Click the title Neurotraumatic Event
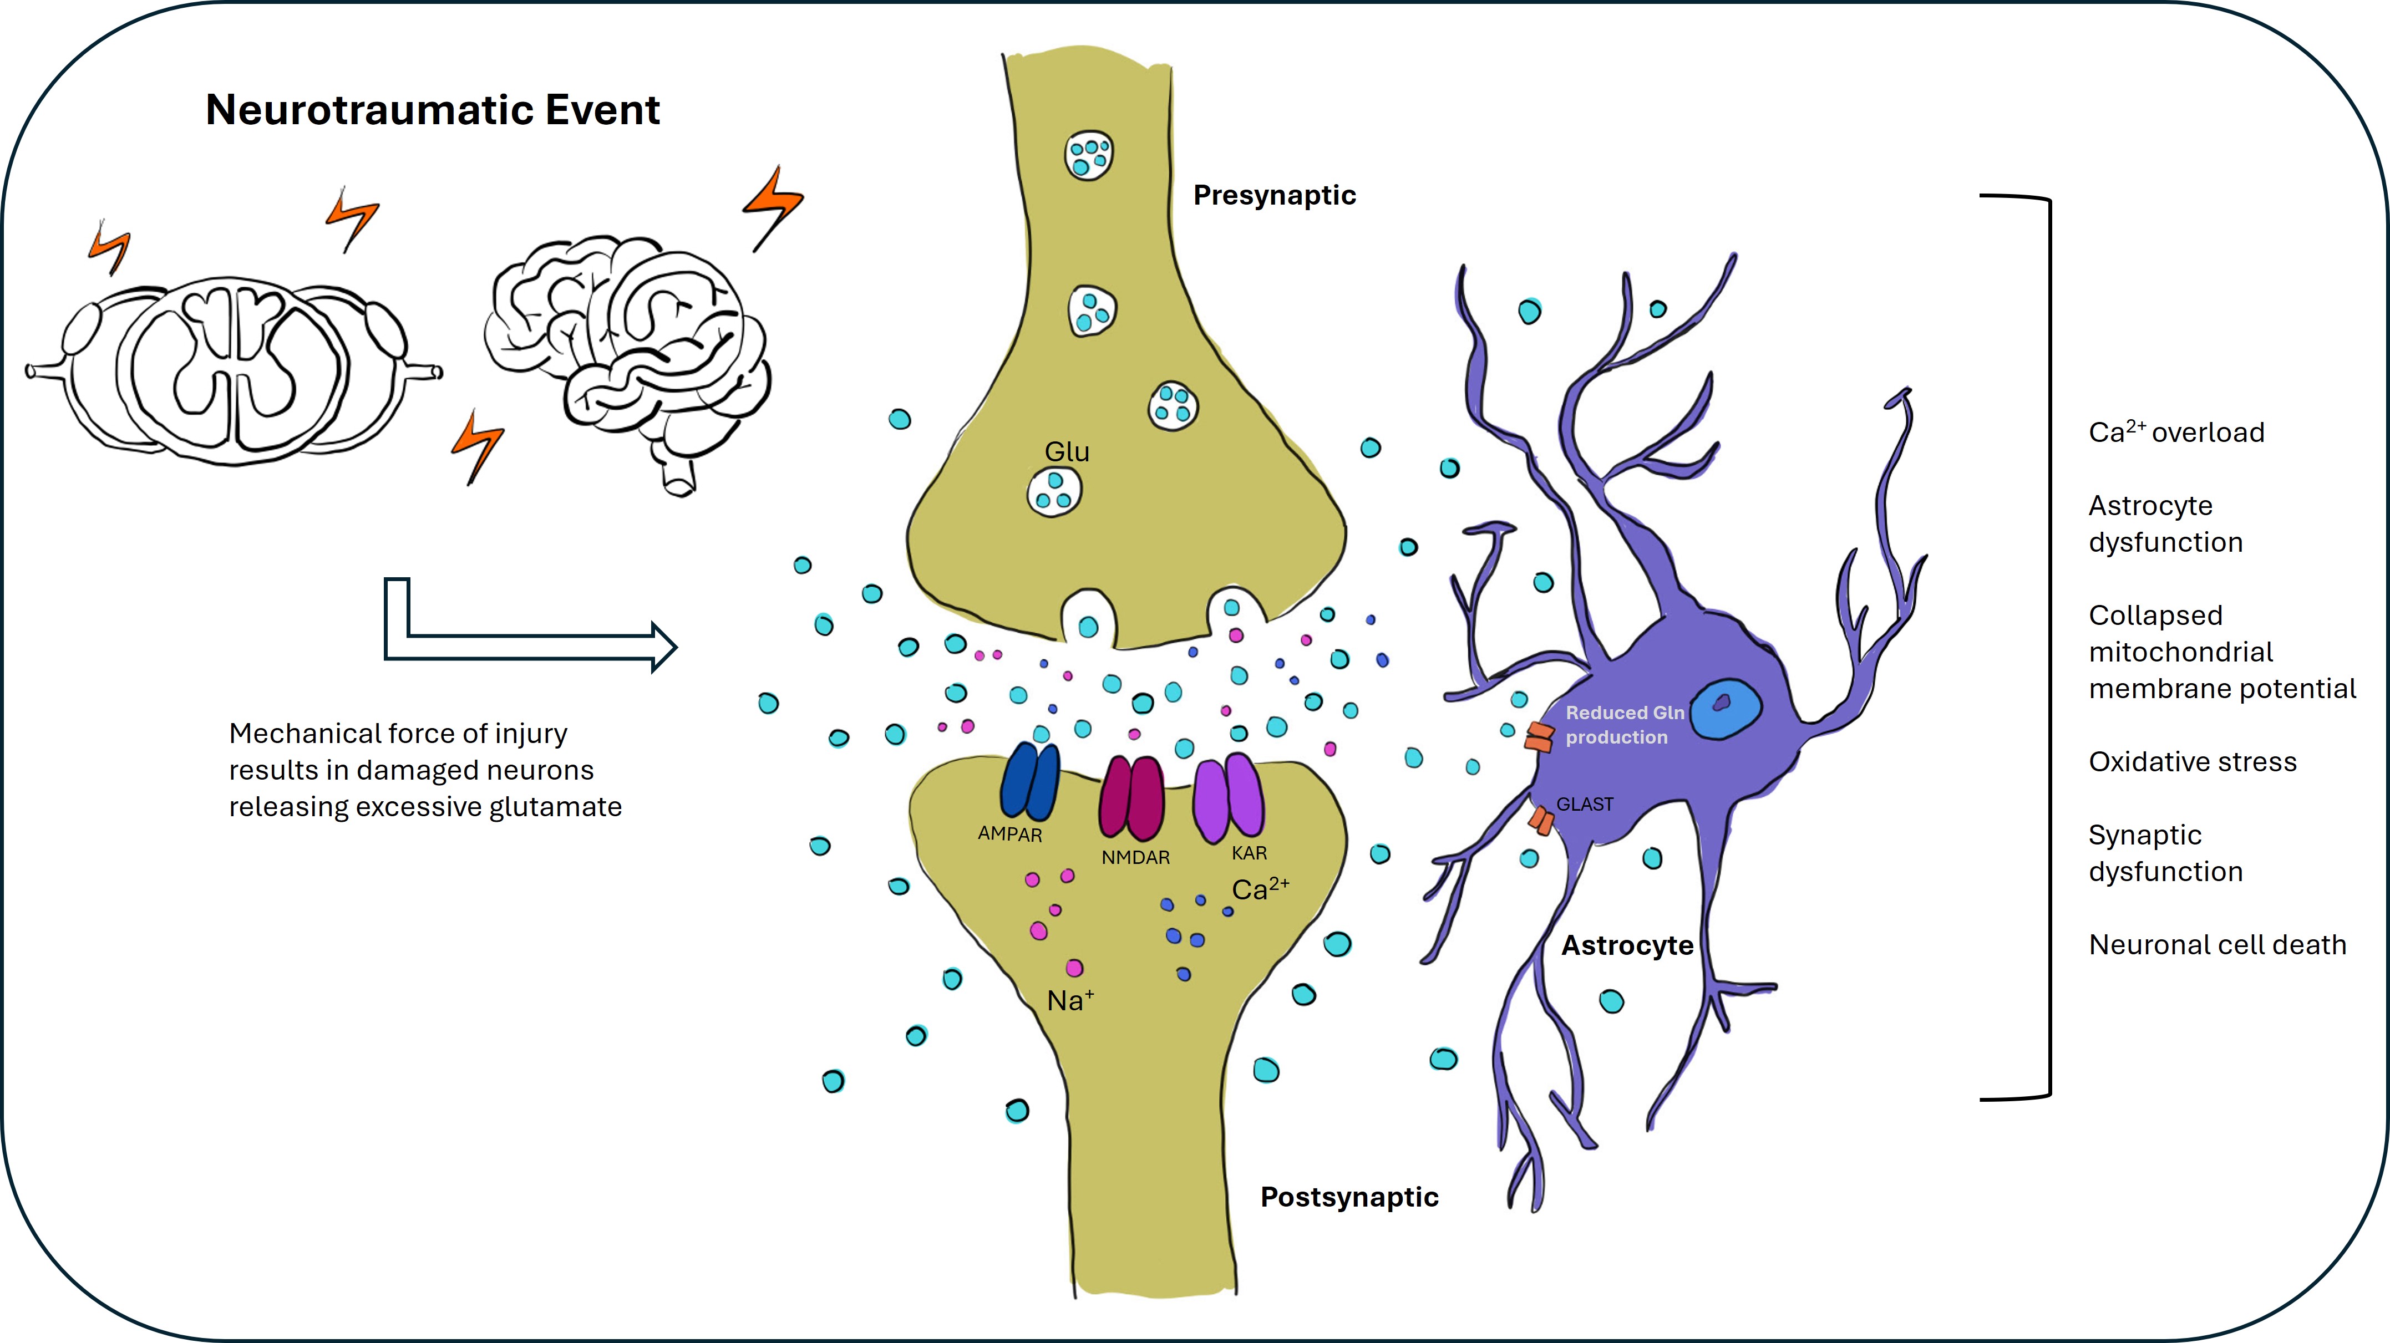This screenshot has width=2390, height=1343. (x=433, y=110)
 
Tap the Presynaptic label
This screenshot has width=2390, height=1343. (x=1274, y=196)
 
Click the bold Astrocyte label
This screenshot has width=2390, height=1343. (x=1627, y=946)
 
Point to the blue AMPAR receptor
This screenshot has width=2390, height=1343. (x=1030, y=781)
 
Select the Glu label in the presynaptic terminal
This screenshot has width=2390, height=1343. (x=1067, y=452)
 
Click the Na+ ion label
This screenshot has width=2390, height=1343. (x=1070, y=1001)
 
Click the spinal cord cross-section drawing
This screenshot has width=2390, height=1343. (x=234, y=371)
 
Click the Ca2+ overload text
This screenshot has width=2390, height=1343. (x=2176, y=432)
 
